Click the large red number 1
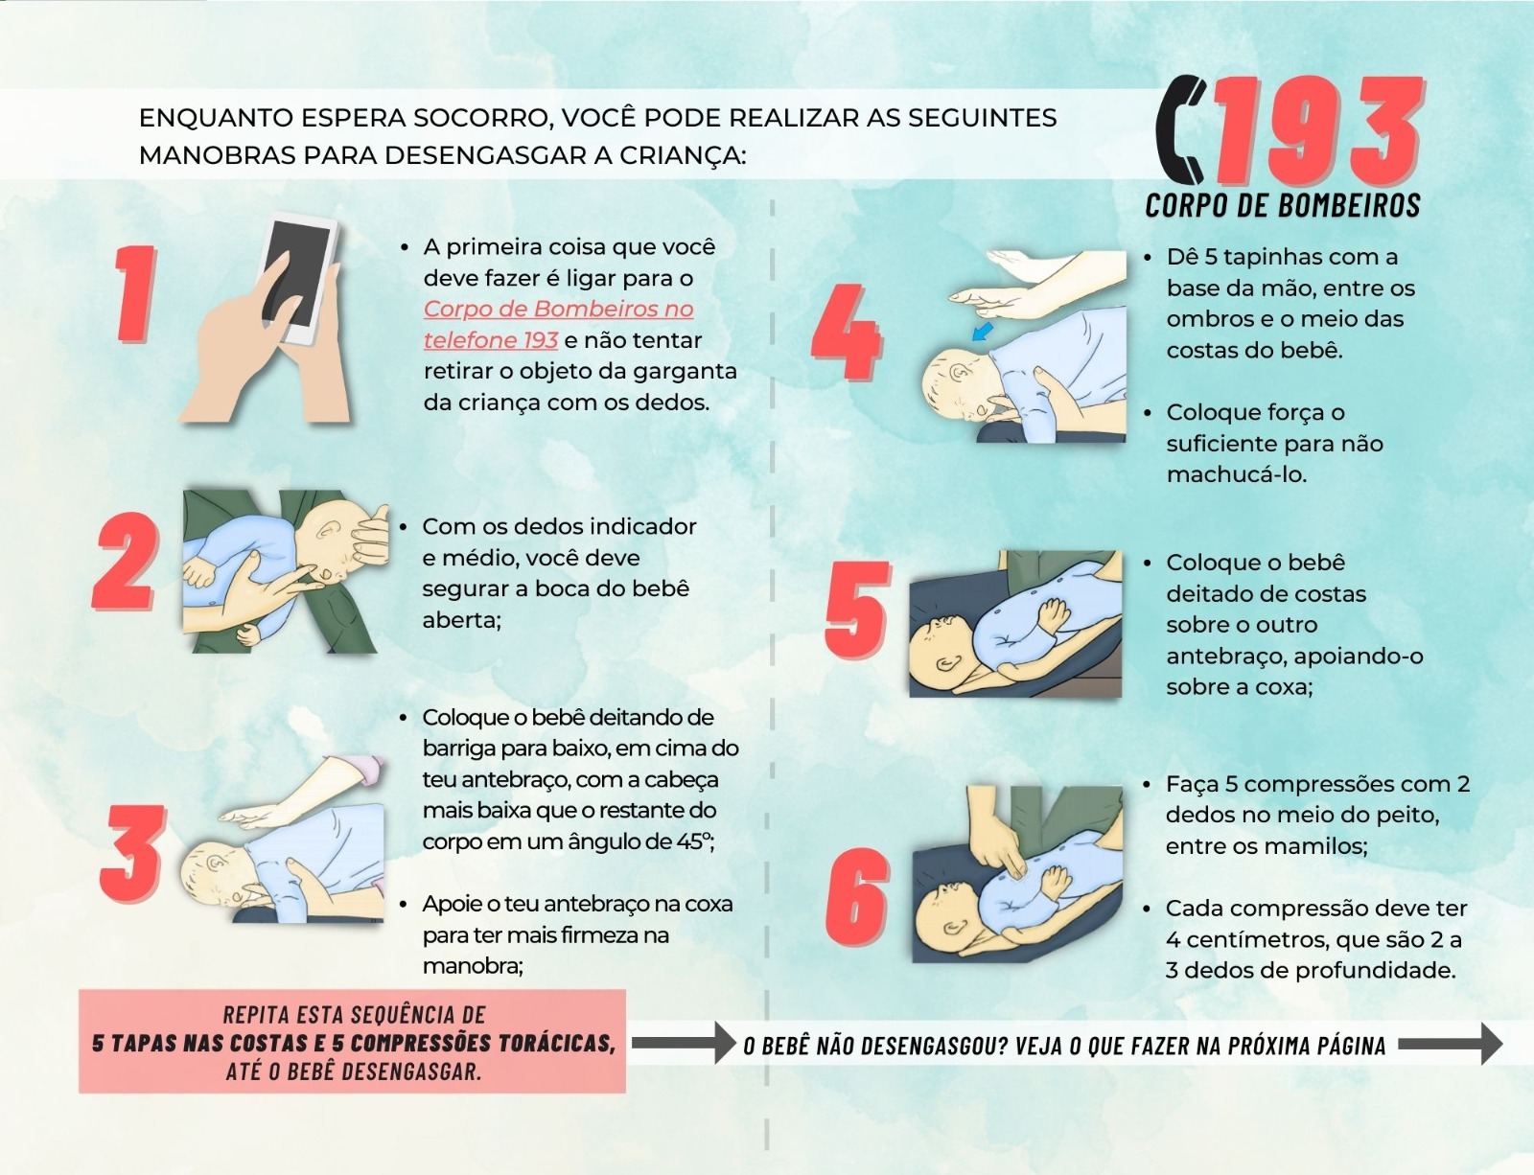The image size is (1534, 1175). (x=136, y=294)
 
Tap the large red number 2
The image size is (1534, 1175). (x=126, y=561)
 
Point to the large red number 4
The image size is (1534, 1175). (x=847, y=333)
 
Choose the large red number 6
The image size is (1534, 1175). (x=857, y=897)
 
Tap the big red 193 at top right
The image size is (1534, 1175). (x=1317, y=131)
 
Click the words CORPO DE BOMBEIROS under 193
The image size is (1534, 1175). (x=1283, y=205)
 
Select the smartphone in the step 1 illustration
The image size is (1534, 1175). (x=300, y=279)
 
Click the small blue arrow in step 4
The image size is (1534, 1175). (x=982, y=331)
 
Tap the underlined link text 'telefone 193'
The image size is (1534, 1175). (x=491, y=340)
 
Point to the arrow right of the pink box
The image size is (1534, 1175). (x=684, y=1043)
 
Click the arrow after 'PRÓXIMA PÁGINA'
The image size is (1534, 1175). (x=1451, y=1044)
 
